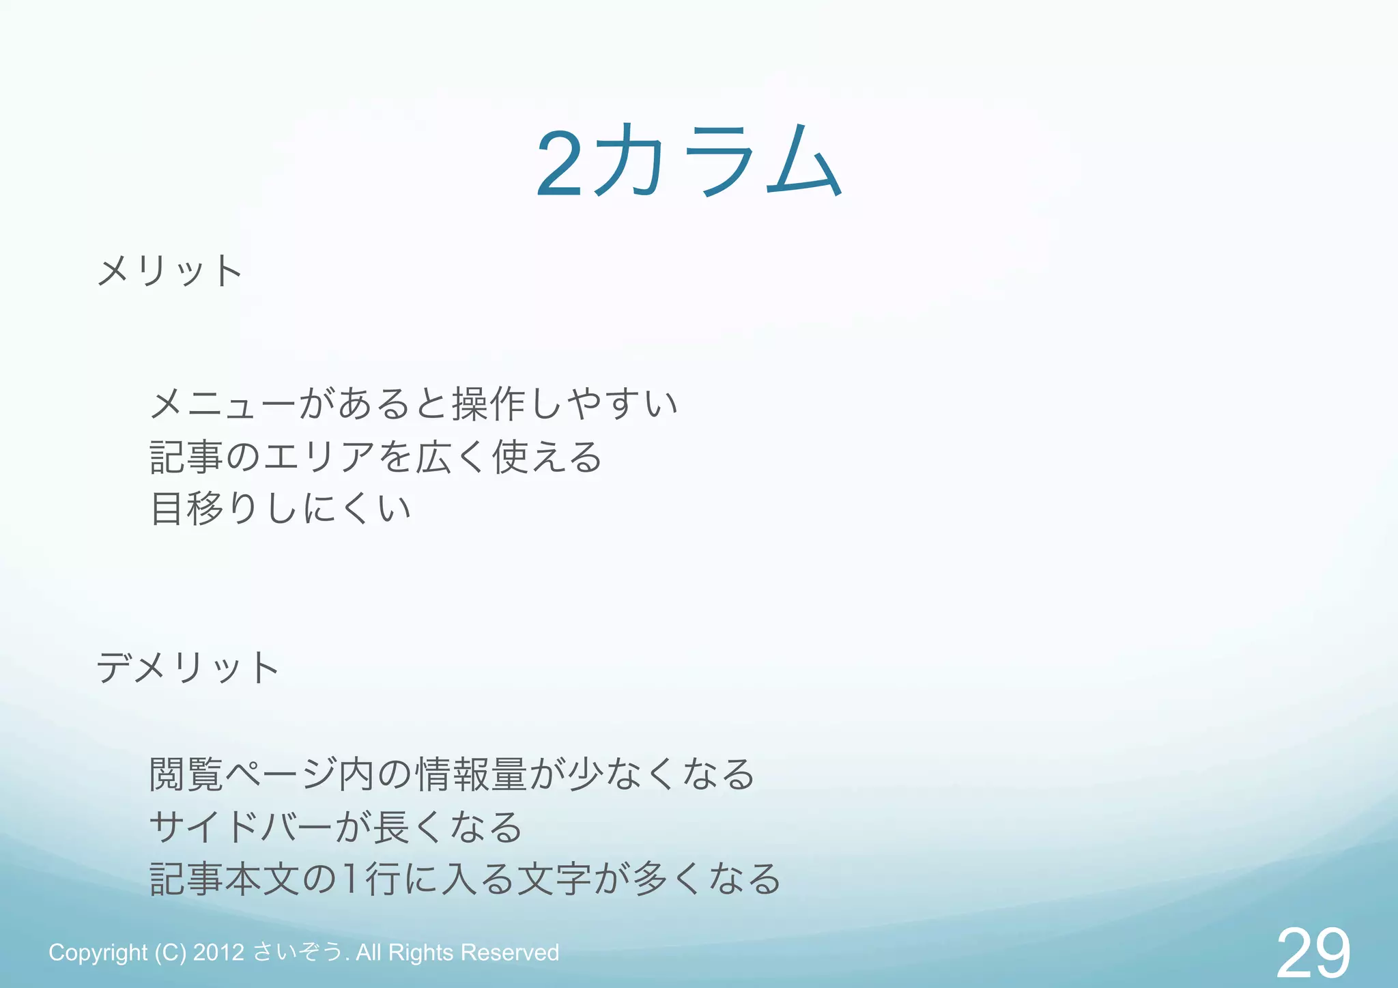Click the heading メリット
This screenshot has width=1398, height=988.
(x=169, y=270)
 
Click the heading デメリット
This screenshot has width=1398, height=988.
(x=188, y=667)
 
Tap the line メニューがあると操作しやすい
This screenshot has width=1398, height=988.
(x=414, y=404)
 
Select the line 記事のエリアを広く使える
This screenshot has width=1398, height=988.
(x=376, y=457)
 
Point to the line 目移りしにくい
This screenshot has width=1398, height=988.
(x=281, y=509)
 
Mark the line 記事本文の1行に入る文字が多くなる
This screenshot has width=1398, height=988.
(x=465, y=879)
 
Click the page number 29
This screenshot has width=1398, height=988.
(x=1313, y=953)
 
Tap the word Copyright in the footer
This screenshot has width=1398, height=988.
(x=98, y=952)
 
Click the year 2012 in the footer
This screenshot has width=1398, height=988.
(x=218, y=952)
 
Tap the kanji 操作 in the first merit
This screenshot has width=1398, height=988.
(x=487, y=404)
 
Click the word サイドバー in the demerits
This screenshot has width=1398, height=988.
(x=242, y=828)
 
